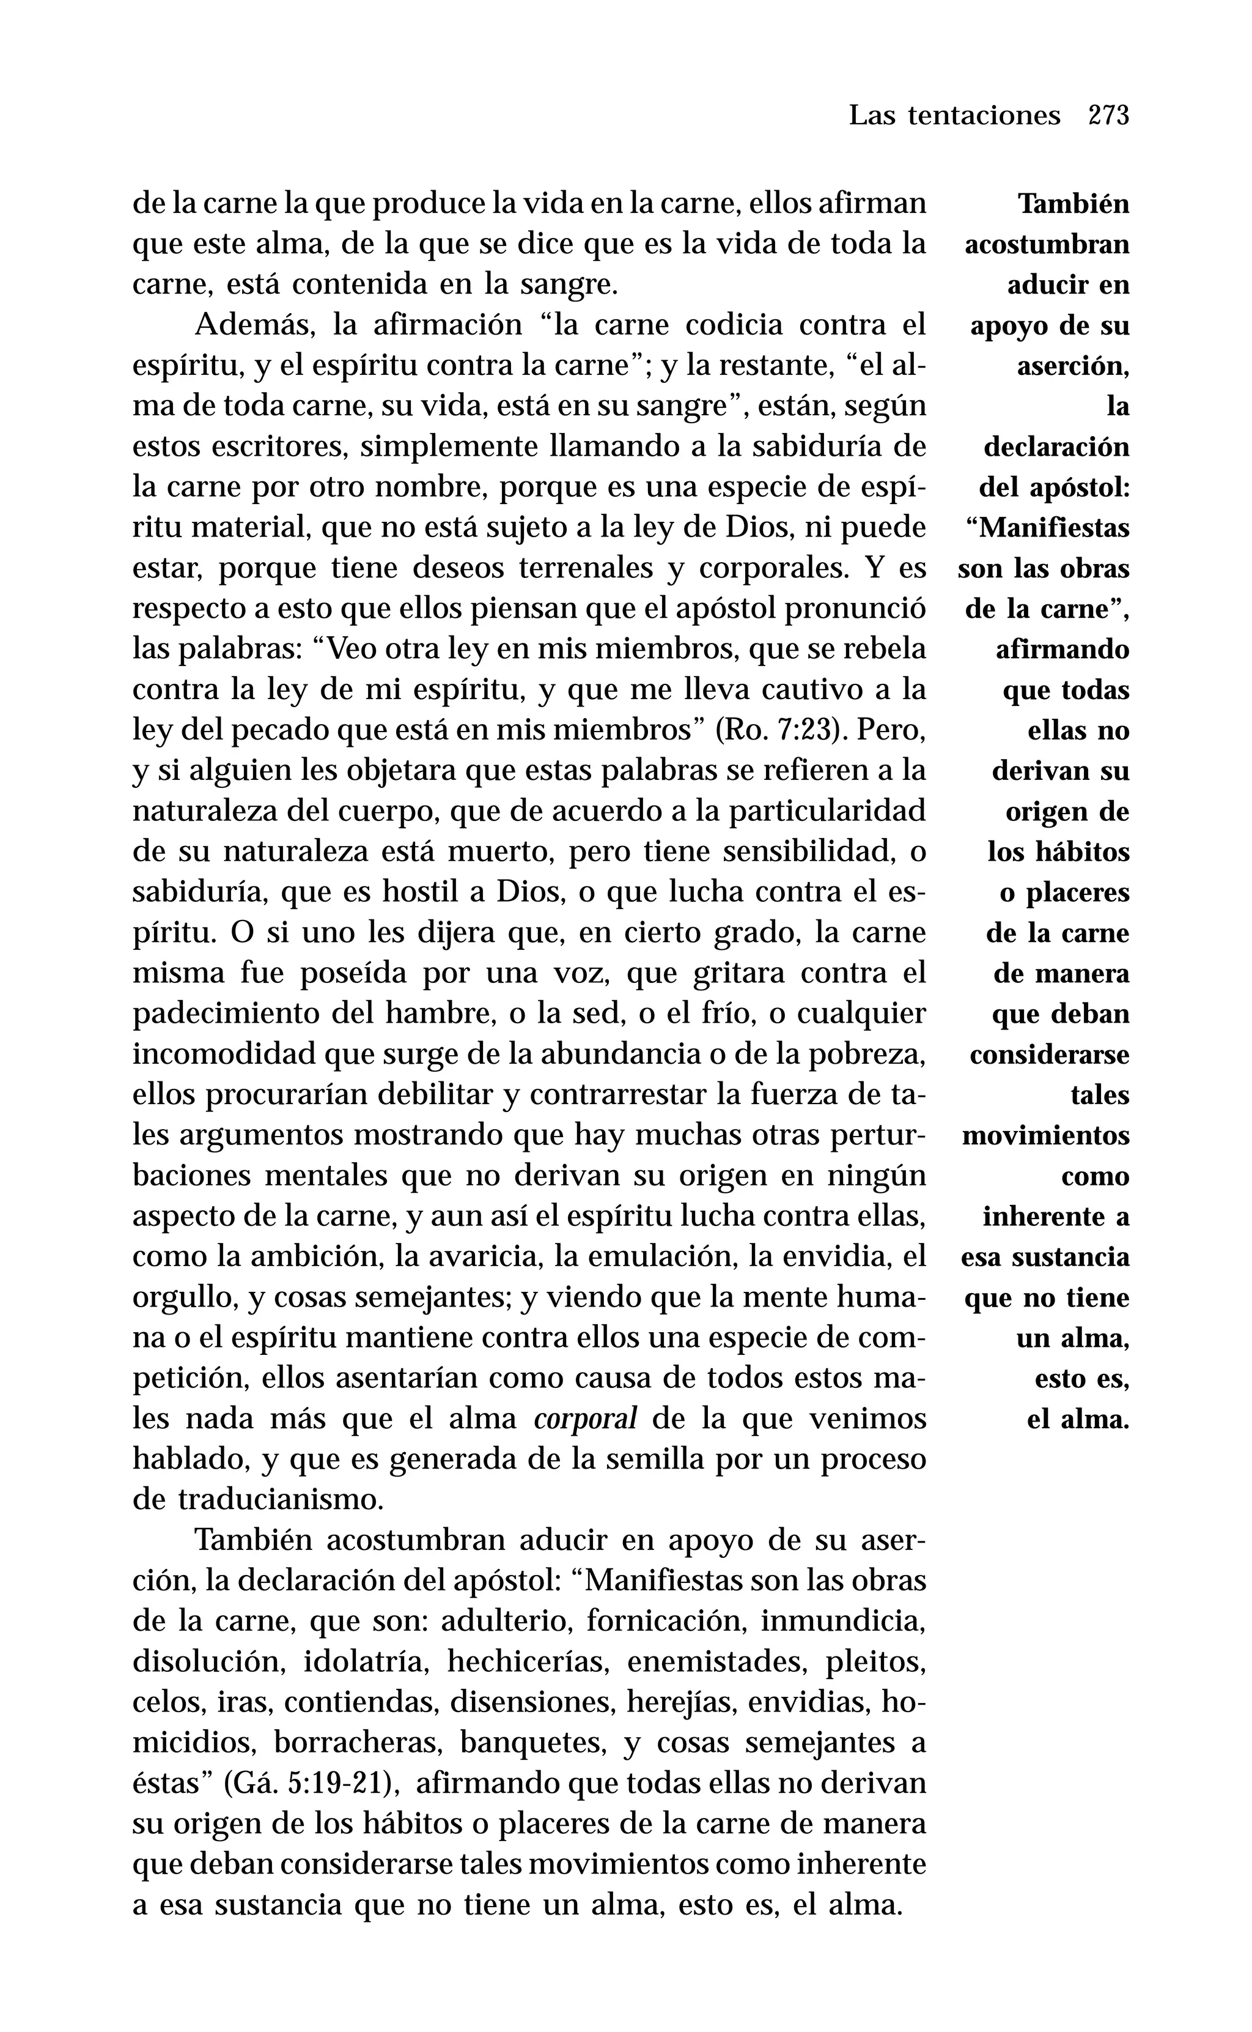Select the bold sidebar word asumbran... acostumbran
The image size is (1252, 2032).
coord(1047,245)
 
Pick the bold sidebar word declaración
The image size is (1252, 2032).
coord(1056,447)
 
